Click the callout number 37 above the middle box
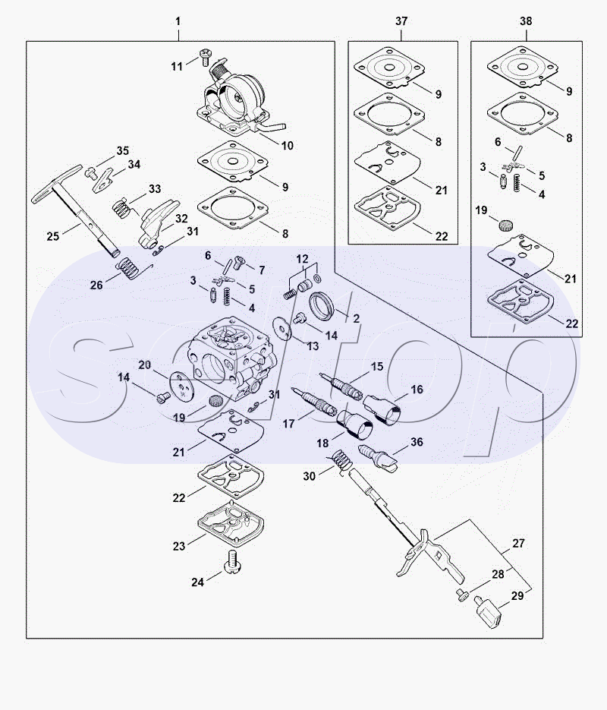(x=401, y=21)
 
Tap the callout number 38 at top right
(x=526, y=21)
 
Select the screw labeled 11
(x=205, y=55)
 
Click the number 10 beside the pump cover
(x=288, y=145)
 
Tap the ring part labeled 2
(x=322, y=307)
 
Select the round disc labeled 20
(x=182, y=387)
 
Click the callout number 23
(x=178, y=546)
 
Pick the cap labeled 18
(x=355, y=424)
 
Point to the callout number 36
(x=417, y=441)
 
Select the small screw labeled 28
(x=462, y=595)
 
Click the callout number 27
(x=518, y=543)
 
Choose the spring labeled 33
(x=121, y=209)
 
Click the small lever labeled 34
(x=104, y=180)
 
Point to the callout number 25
(x=53, y=236)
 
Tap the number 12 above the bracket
(x=302, y=259)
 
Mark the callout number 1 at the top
(x=178, y=21)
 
